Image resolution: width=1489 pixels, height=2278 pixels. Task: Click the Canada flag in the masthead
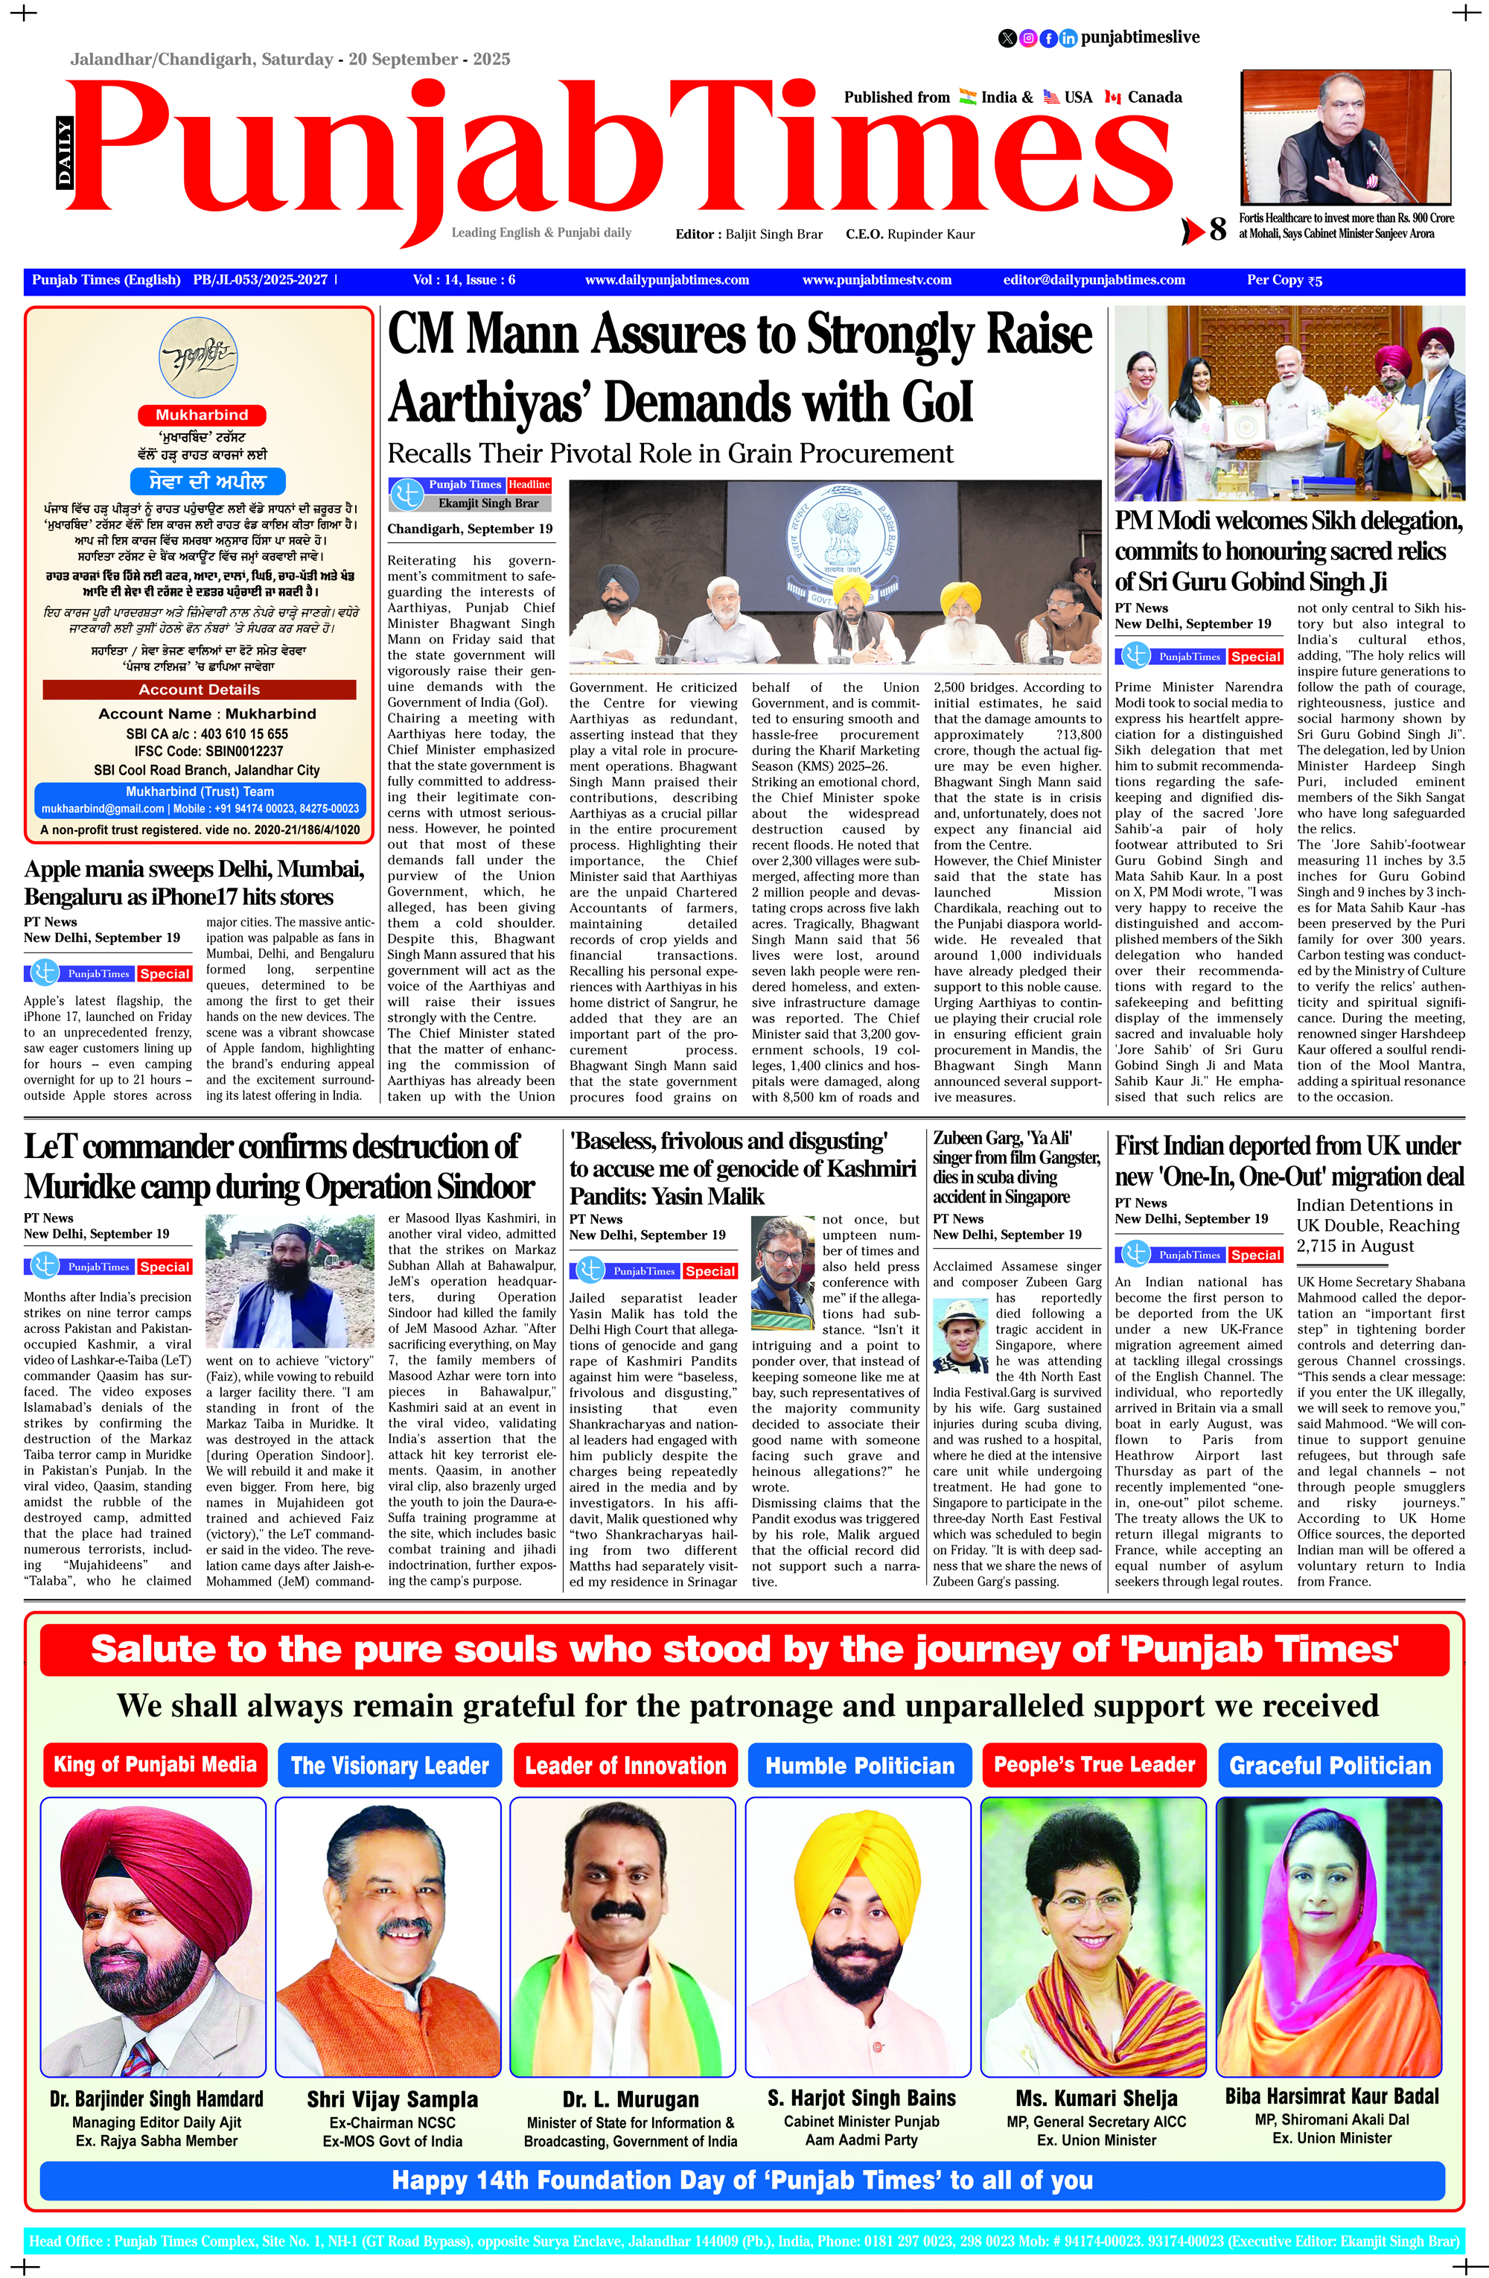pyautogui.click(x=1113, y=98)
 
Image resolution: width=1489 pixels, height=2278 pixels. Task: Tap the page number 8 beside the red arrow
pyautogui.click(x=1217, y=229)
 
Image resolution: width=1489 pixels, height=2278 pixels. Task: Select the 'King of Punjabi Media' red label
pyautogui.click(x=155, y=1765)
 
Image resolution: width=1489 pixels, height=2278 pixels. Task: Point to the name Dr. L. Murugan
pyautogui.click(x=631, y=2100)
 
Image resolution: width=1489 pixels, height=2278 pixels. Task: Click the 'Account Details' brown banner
pyautogui.click(x=199, y=689)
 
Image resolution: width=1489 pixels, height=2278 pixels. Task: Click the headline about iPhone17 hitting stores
pyautogui.click(x=194, y=883)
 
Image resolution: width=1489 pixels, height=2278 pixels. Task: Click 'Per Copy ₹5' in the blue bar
pyautogui.click(x=1284, y=281)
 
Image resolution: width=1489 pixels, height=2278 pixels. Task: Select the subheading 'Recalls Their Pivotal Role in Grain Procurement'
pyautogui.click(x=670, y=454)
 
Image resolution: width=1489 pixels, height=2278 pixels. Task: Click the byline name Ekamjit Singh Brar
pyautogui.click(x=488, y=503)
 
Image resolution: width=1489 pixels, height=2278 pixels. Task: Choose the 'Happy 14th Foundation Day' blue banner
pyautogui.click(x=742, y=2180)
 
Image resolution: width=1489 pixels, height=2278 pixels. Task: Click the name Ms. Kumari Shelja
pyautogui.click(x=1096, y=2099)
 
